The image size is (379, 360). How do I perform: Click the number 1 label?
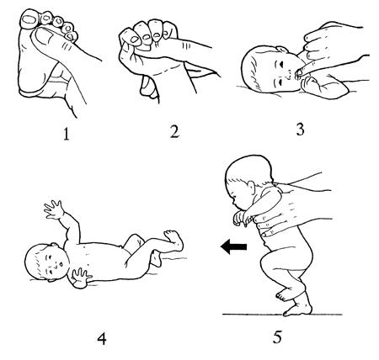click(x=66, y=134)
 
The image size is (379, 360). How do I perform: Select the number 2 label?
click(x=174, y=131)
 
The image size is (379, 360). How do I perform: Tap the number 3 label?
click(x=300, y=130)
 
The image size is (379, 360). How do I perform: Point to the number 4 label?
click(x=102, y=339)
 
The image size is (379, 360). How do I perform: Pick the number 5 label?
click(x=277, y=337)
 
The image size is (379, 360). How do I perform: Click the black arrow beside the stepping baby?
click(x=233, y=246)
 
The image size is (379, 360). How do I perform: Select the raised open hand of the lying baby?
click(x=53, y=209)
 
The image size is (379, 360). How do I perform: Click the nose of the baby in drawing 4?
click(x=60, y=264)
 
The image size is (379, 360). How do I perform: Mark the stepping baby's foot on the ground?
click(x=298, y=308)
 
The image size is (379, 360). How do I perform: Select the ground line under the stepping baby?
click(x=282, y=315)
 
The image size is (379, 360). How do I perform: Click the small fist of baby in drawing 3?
click(x=308, y=83)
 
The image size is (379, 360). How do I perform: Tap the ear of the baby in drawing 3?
click(x=282, y=50)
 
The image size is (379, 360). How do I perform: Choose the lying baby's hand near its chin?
click(x=81, y=278)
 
